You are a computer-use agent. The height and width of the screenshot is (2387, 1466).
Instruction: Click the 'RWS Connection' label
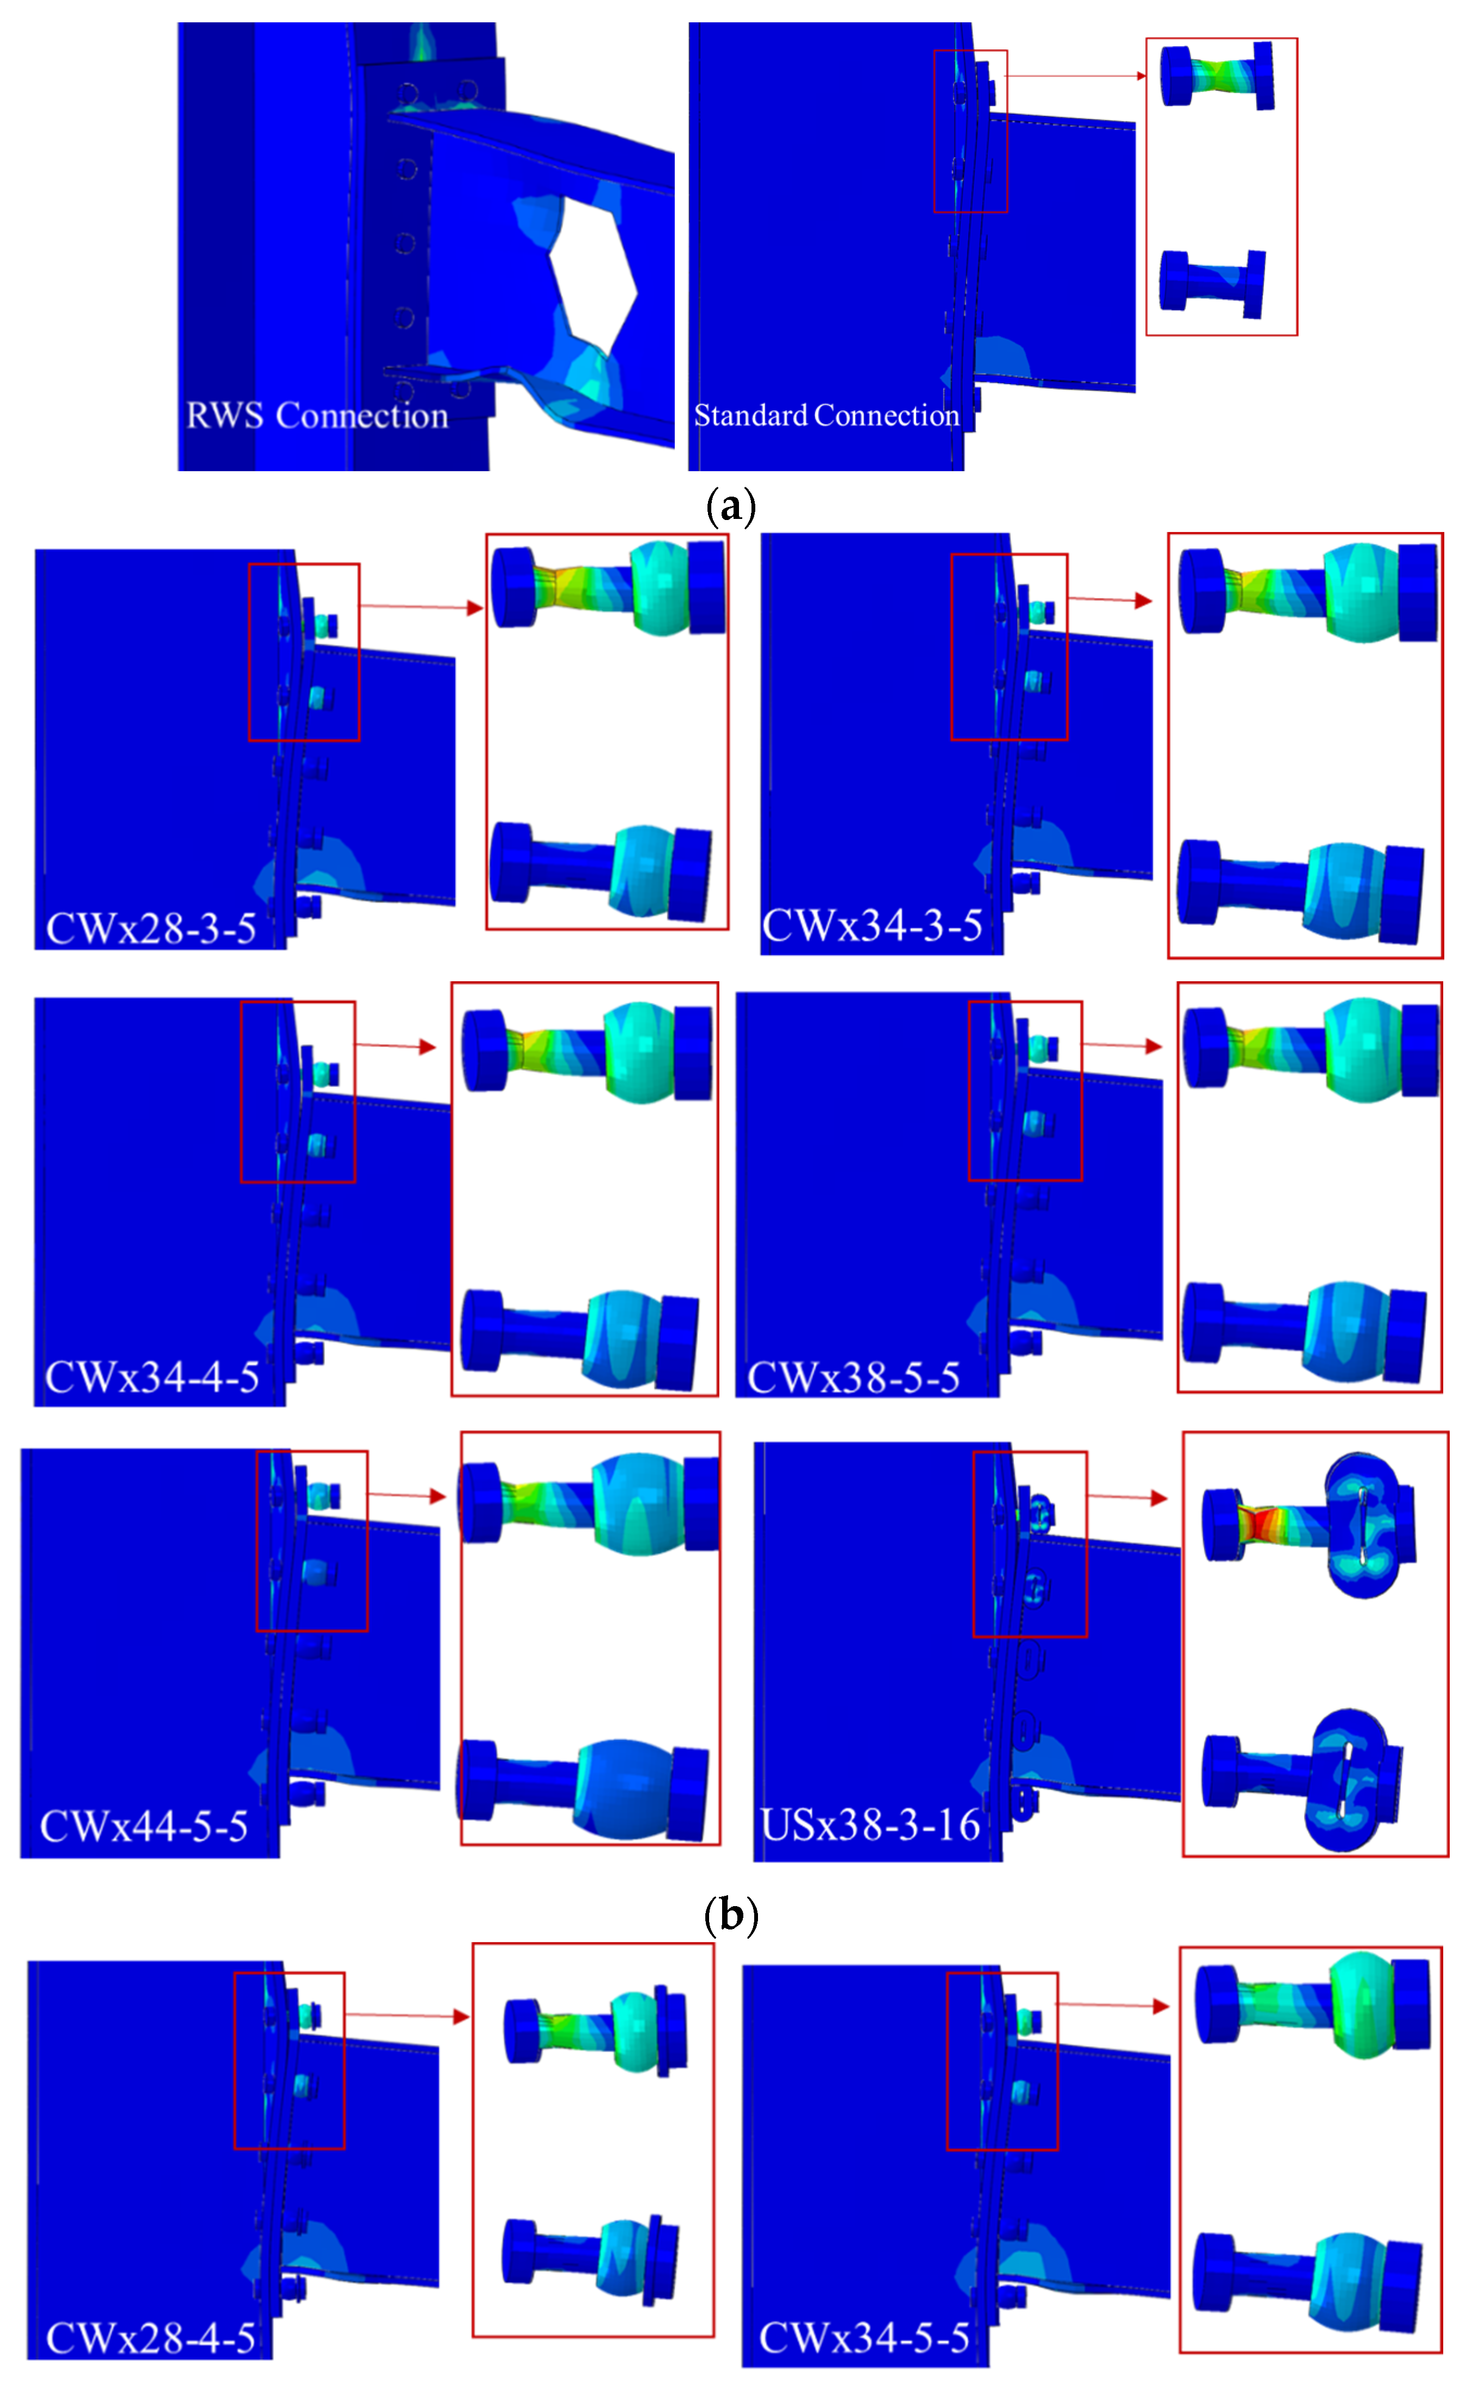pyautogui.click(x=317, y=415)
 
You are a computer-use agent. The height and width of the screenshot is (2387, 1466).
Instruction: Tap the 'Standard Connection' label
pyautogui.click(x=826, y=415)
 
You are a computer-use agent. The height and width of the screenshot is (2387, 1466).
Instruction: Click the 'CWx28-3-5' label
pyautogui.click(x=151, y=928)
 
